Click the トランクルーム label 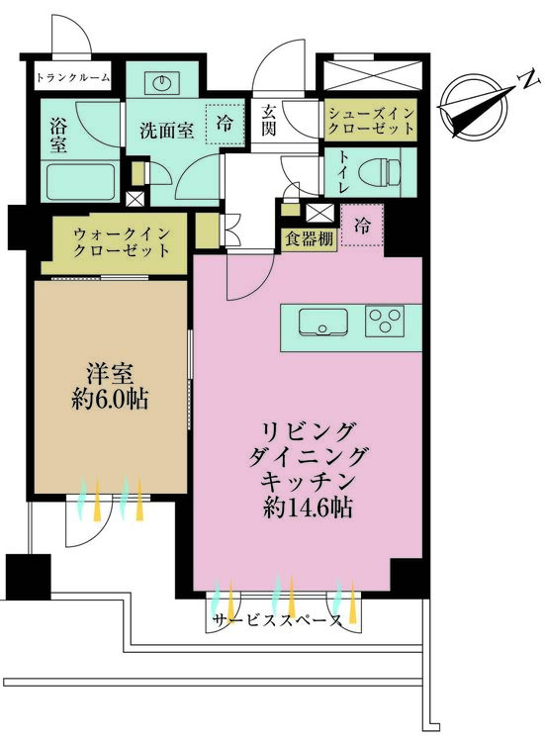tap(73, 77)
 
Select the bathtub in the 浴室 tap(81, 181)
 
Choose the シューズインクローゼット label tap(371, 120)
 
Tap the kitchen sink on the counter tap(322, 323)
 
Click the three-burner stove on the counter tap(384, 322)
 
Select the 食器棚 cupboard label tap(309, 239)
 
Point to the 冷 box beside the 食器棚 tap(362, 226)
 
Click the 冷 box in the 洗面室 tap(225, 123)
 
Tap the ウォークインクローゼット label tap(122, 241)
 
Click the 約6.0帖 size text tap(110, 401)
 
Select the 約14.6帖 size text tap(308, 509)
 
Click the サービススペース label tap(277, 620)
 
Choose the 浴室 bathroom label tap(58, 137)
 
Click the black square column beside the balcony tap(28, 577)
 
